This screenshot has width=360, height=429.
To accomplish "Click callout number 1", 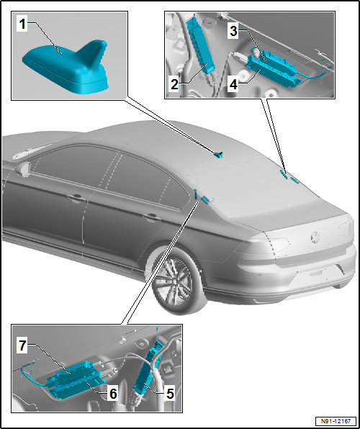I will click(x=23, y=24).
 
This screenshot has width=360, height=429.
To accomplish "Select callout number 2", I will click(x=175, y=84).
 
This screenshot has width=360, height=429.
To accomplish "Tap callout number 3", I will click(x=233, y=30).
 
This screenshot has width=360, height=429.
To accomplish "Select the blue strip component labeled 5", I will click(x=150, y=374).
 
